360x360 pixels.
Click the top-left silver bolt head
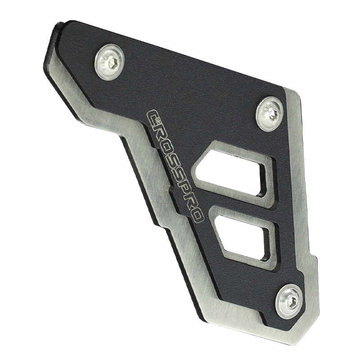pyautogui.click(x=110, y=62)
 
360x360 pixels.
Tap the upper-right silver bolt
pyautogui.click(x=270, y=114)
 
